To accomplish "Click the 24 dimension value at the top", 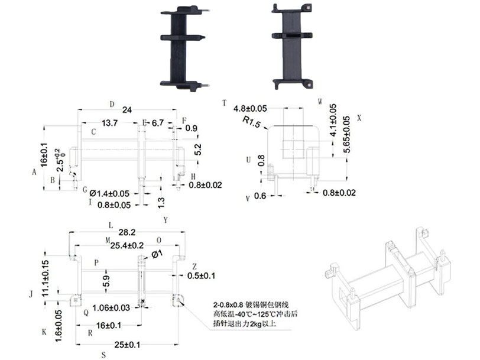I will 127,110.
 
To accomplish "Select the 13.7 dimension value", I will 110,123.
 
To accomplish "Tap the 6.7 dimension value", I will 158,123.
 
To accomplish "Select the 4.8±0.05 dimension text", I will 251,109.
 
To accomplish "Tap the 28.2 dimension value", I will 127,232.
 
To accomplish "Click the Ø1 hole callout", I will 157,254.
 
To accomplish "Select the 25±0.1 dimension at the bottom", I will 127,345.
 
